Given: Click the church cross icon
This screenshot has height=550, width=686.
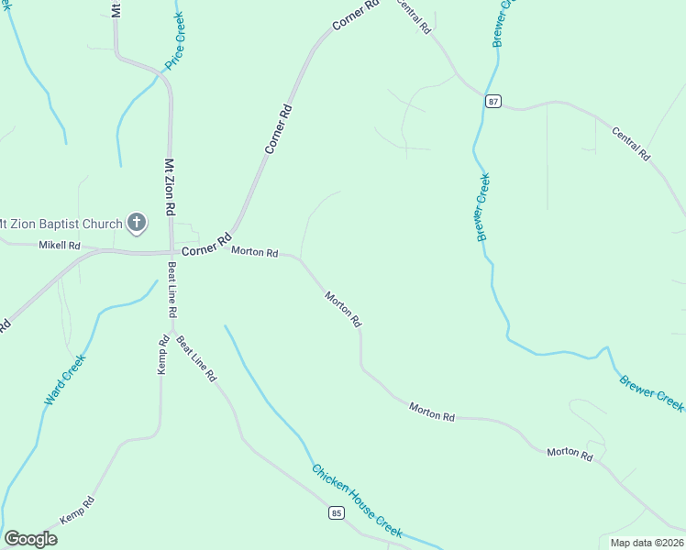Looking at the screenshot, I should [x=137, y=223].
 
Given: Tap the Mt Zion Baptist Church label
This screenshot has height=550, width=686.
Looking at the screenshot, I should [x=61, y=224].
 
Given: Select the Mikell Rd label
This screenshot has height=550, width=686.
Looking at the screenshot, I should [x=60, y=246].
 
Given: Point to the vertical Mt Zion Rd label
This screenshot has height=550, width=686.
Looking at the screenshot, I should [x=170, y=187].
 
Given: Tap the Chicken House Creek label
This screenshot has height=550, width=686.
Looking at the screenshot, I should [x=357, y=500].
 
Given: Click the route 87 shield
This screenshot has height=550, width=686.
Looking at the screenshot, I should [x=494, y=102].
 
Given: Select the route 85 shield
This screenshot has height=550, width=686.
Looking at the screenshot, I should [x=337, y=513].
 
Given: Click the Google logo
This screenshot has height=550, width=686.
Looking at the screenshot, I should [x=30, y=539].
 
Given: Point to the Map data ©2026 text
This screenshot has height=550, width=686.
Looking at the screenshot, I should [x=646, y=542].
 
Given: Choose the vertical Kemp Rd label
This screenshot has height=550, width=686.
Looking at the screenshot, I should [x=163, y=353].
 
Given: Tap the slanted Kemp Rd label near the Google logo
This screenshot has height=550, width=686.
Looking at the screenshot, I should [x=78, y=511].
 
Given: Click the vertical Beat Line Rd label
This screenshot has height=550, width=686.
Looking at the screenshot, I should [x=171, y=290].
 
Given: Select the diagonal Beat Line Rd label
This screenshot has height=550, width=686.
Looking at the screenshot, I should [x=195, y=358].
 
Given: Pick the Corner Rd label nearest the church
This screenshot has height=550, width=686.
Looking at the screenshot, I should [x=205, y=246].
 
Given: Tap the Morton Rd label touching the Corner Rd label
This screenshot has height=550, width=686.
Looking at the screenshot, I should [x=254, y=251].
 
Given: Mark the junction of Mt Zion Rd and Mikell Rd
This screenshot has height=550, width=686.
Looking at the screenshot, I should [x=171, y=249].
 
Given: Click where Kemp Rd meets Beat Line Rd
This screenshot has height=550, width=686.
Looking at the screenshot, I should [x=171, y=330].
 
